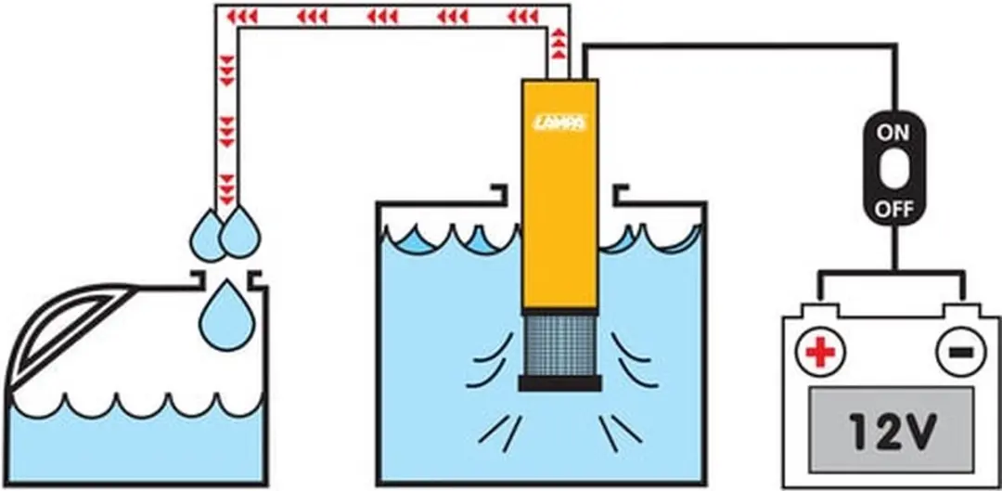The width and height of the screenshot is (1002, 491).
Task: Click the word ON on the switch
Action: pyautogui.click(x=893, y=134)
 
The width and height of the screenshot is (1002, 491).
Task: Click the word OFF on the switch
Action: pyautogui.click(x=893, y=210)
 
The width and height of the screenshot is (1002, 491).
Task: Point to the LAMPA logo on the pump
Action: pyautogui.click(x=560, y=122)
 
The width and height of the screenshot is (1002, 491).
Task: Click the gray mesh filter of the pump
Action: pyautogui.click(x=560, y=346)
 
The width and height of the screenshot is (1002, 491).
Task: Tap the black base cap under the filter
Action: pyautogui.click(x=559, y=383)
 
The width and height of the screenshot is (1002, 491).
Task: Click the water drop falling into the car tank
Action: pyautogui.click(x=227, y=316)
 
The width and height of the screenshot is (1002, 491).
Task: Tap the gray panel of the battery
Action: pyautogui.click(x=893, y=426)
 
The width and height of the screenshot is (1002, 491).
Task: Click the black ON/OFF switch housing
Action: pyautogui.click(x=893, y=170)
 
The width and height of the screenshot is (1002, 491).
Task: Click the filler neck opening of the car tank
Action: pyautogui.click(x=227, y=279)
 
